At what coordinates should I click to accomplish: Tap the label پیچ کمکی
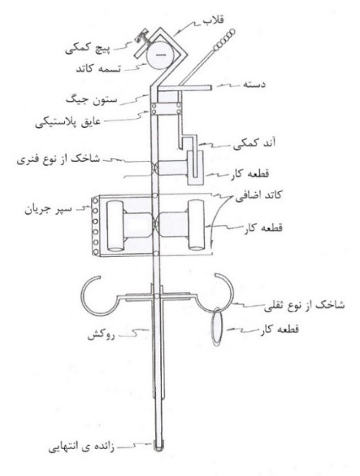click(88, 49)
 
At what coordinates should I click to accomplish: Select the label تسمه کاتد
click(98, 69)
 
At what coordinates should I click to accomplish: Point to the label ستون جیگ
click(91, 100)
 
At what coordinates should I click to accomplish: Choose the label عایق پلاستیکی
click(68, 123)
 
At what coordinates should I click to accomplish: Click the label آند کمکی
click(254, 143)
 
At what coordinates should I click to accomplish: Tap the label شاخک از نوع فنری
click(59, 160)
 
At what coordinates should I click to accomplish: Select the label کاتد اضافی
click(258, 196)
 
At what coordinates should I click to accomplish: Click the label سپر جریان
click(49, 210)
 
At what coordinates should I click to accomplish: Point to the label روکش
click(101, 336)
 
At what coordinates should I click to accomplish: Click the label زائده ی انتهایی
click(81, 447)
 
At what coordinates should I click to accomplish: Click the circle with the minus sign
click(160, 55)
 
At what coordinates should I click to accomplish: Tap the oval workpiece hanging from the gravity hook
click(218, 326)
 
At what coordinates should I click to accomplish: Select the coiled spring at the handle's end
click(224, 39)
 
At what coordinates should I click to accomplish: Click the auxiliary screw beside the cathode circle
click(141, 38)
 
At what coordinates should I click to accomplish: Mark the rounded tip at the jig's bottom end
click(157, 447)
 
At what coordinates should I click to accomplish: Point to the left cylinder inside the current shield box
click(115, 225)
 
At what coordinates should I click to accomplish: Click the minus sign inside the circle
click(160, 55)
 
